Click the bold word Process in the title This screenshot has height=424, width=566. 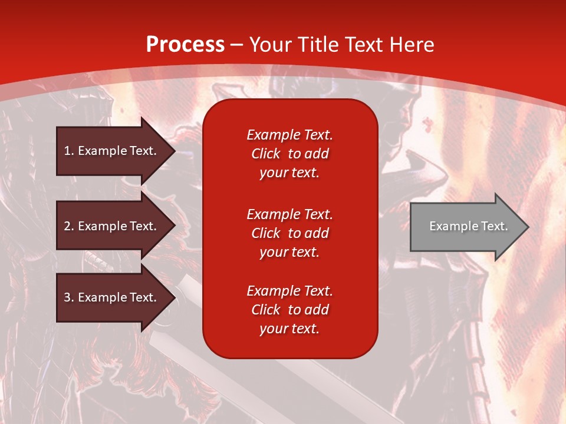pyautogui.click(x=185, y=45)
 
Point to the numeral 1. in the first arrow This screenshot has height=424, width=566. pyautogui.click(x=68, y=151)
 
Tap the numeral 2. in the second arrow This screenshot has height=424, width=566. pyautogui.click(x=68, y=226)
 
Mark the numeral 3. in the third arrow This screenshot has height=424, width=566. pyautogui.click(x=68, y=297)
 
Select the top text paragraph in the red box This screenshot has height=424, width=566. pyautogui.click(x=289, y=154)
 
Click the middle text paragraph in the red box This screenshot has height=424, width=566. pyautogui.click(x=289, y=233)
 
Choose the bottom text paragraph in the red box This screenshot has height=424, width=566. pyautogui.click(x=289, y=310)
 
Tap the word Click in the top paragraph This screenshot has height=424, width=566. pyautogui.click(x=266, y=154)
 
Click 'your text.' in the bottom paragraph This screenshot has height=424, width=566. pyautogui.click(x=289, y=329)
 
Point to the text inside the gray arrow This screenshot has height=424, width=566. pyautogui.click(x=469, y=226)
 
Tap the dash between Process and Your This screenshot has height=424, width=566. pyautogui.click(x=237, y=45)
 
